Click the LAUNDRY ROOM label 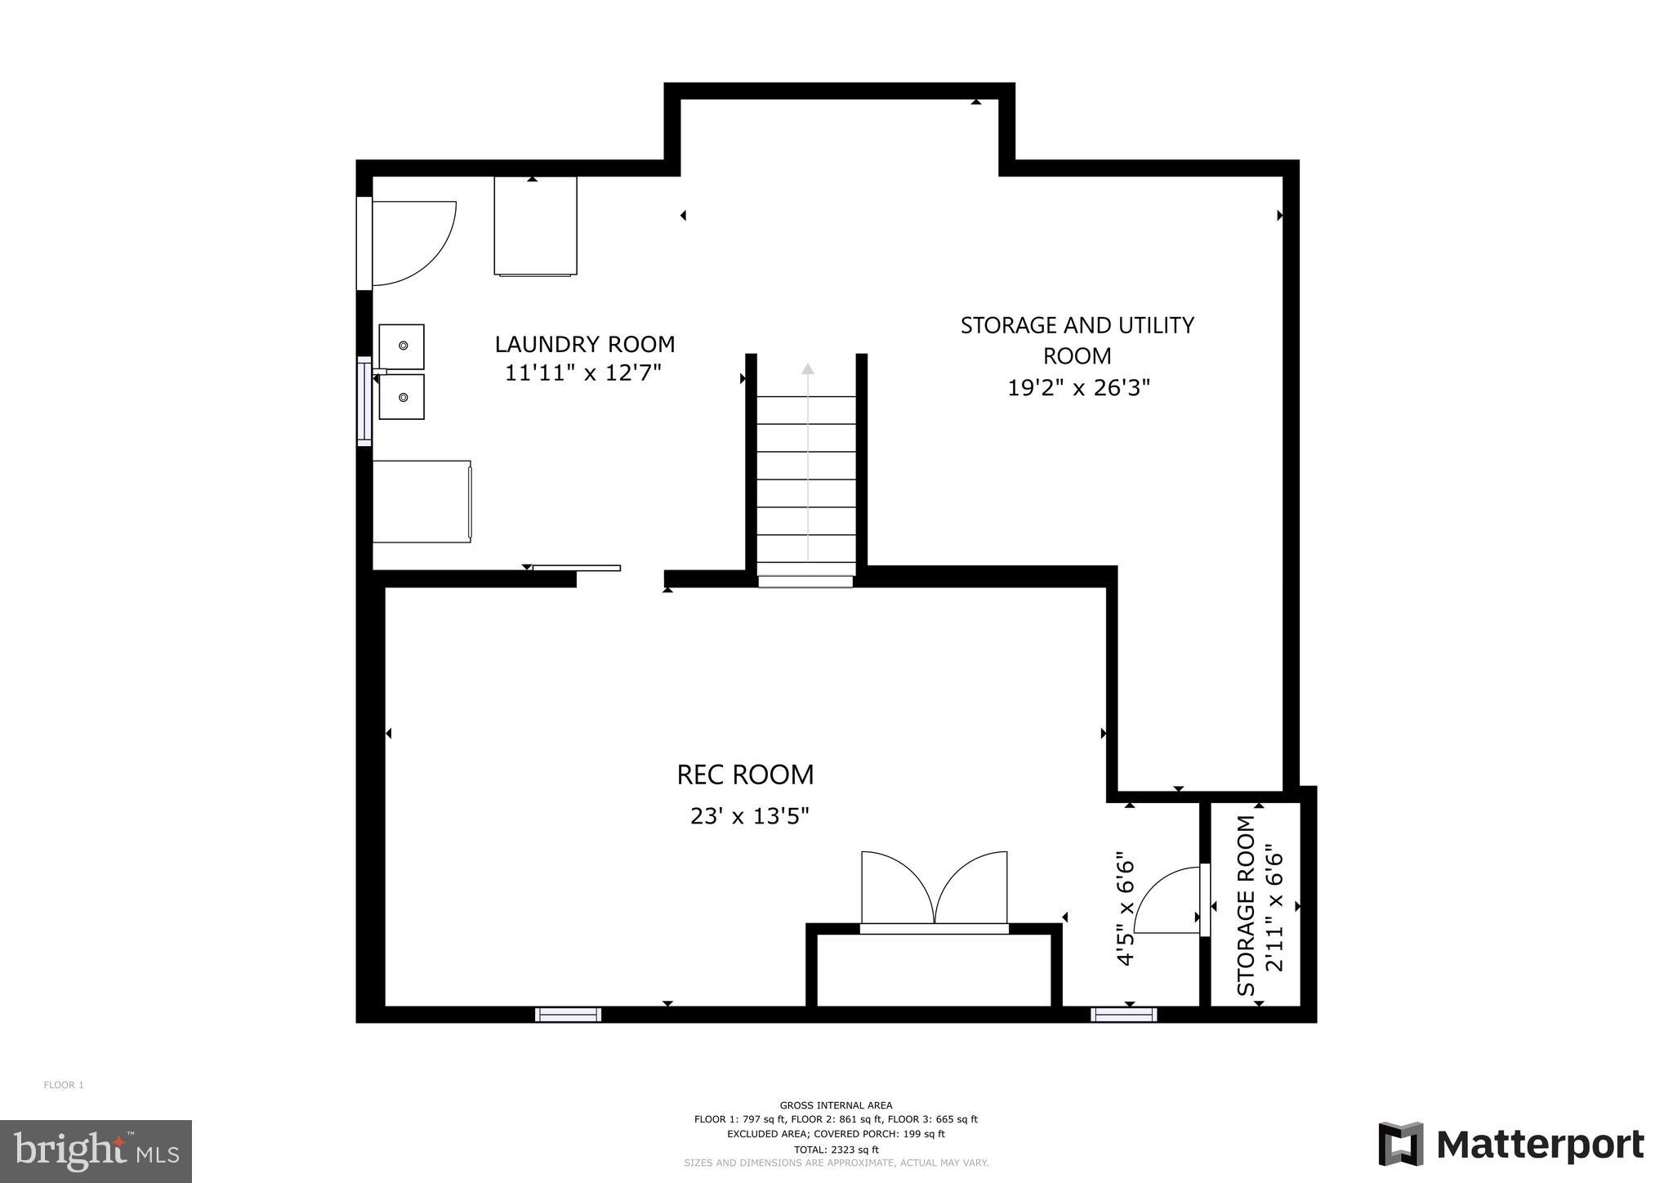[585, 344]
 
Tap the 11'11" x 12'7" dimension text [582, 373]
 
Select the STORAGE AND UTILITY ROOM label [1077, 340]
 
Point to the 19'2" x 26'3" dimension [1078, 387]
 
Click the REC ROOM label [745, 775]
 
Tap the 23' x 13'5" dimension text [749, 816]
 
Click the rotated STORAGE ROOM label [1246, 905]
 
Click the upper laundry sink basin [402, 346]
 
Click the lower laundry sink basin [402, 397]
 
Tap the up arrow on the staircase [807, 369]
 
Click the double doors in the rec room [934, 889]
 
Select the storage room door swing [1167, 900]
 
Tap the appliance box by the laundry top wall [535, 226]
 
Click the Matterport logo [1510, 1145]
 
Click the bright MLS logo [96, 1151]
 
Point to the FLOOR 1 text [64, 1085]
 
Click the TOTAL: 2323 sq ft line [836, 1150]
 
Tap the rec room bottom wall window [568, 1015]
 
